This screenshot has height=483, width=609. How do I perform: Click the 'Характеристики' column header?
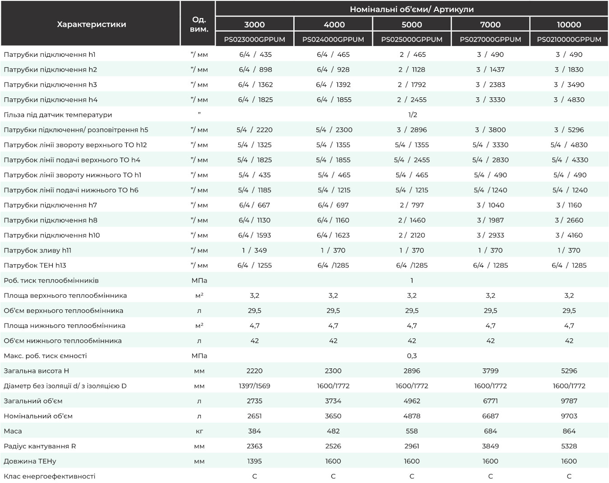[x=92, y=24]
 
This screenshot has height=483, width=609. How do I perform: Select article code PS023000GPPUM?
[x=254, y=39]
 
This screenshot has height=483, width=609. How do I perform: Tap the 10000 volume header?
[x=569, y=25]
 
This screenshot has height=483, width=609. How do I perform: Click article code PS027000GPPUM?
[x=490, y=39]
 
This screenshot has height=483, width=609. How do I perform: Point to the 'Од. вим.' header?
[x=199, y=24]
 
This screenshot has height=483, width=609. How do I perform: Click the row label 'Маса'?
[x=13, y=431]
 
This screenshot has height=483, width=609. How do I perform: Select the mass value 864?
[x=569, y=431]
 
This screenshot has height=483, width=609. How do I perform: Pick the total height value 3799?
[x=490, y=371]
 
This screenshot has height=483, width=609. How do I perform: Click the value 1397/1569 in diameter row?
[x=254, y=386]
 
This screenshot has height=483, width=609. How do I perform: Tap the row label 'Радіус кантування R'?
[x=40, y=446]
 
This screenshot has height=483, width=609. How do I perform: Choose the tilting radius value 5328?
[x=569, y=446]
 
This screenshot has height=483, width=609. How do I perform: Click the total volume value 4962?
[x=412, y=401]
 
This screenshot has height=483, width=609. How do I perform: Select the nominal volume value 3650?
[x=333, y=416]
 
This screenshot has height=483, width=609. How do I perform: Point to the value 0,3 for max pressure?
[x=412, y=356]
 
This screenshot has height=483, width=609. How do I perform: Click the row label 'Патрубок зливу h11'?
[x=37, y=250]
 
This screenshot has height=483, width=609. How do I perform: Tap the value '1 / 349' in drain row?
[x=254, y=250]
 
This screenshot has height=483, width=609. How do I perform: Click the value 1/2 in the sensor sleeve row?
[x=413, y=115]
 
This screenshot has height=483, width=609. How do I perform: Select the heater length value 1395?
[x=254, y=461]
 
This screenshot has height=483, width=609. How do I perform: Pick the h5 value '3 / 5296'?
[x=569, y=129]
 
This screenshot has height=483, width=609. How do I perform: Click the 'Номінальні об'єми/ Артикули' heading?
[x=412, y=9]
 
